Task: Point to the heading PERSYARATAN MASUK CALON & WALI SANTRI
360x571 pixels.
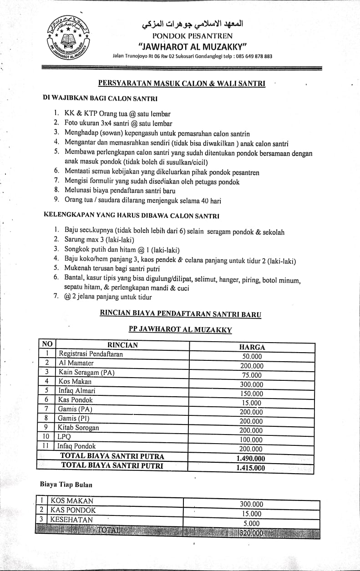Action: click(x=182, y=83)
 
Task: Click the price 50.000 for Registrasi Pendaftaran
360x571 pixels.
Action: click(x=251, y=356)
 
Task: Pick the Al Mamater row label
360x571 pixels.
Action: click(x=76, y=363)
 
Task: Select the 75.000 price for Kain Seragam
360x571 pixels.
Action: click(x=251, y=375)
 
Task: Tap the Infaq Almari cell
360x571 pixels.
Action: click(x=77, y=390)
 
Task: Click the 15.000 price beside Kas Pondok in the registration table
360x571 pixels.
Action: click(x=251, y=403)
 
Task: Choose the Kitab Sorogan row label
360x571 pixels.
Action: click(x=78, y=427)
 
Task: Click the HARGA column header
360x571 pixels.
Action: click(x=252, y=347)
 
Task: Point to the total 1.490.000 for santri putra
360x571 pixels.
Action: click(x=251, y=458)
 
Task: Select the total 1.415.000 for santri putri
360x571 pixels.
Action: click(x=251, y=467)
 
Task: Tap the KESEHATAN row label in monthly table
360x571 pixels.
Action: click(x=71, y=519)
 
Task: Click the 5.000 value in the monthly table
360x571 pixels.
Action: click(x=251, y=523)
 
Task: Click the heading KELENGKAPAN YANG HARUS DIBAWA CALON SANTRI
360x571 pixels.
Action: click(x=131, y=215)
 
